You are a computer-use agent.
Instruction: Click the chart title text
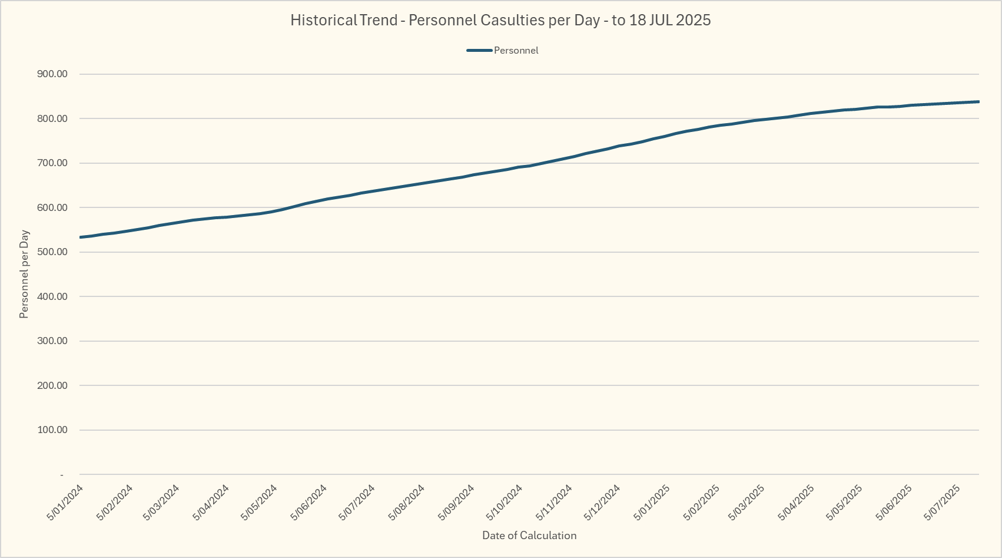[500, 20]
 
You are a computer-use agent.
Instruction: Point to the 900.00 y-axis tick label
[52, 74]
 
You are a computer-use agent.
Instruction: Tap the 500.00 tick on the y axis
[52, 252]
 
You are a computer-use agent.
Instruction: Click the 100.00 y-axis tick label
[52, 430]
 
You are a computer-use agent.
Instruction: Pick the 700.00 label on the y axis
[52, 163]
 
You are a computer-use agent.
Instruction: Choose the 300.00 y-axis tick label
[52, 341]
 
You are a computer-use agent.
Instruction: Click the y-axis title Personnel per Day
[24, 274]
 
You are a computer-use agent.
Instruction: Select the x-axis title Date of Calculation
[529, 536]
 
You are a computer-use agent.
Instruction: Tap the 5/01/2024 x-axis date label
[65, 502]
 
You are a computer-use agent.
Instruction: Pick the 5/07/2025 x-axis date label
[943, 502]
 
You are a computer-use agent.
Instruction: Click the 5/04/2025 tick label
[797, 502]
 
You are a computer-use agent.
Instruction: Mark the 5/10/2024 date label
[505, 502]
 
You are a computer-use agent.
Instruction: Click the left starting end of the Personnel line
[80, 237]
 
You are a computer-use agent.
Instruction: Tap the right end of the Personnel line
[978, 102]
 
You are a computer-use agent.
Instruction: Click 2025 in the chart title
[693, 20]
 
